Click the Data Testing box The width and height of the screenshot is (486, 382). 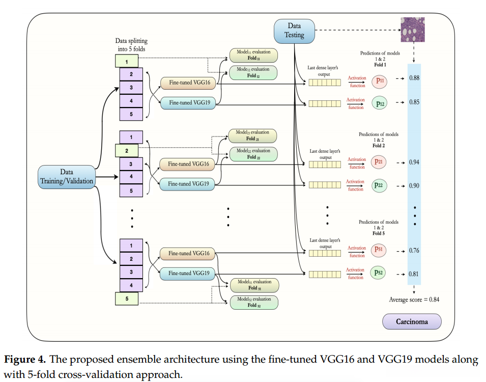point(294,31)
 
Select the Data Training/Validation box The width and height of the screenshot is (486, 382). point(67,177)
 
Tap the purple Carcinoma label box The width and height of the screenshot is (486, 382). point(412,321)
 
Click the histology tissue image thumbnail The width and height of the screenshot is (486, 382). point(413,30)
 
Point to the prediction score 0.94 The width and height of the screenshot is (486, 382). point(414,162)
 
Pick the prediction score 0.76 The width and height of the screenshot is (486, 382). point(414,251)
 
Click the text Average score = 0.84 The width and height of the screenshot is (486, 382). point(414,299)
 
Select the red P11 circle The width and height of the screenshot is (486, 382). point(379,81)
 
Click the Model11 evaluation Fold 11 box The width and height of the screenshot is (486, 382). point(253,55)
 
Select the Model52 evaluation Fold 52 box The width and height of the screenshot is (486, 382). point(254,302)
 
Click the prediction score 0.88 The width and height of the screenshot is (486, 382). point(414,78)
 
